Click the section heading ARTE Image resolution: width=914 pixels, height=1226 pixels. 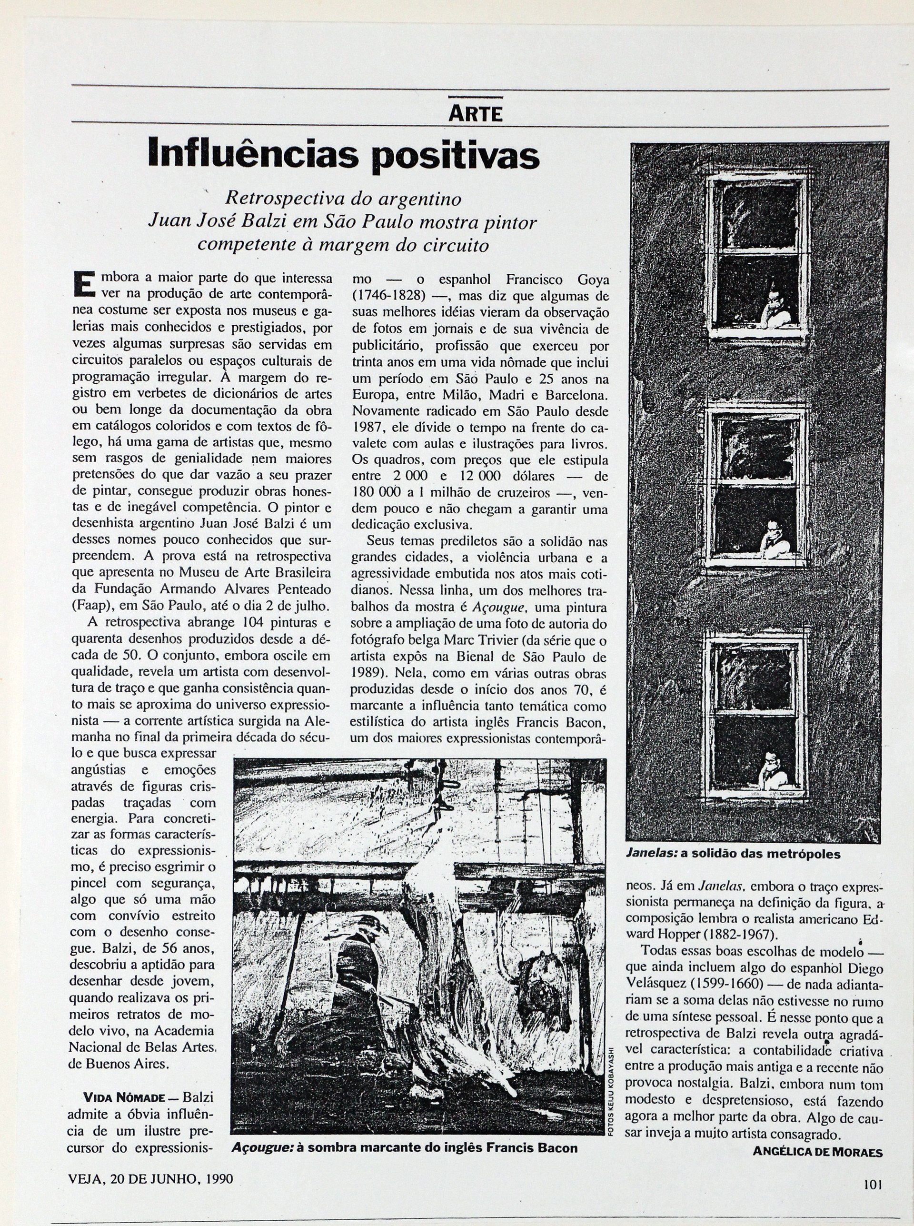click(x=475, y=114)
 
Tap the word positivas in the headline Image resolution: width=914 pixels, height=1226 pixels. click(x=455, y=157)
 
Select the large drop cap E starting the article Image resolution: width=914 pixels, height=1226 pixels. click(x=82, y=284)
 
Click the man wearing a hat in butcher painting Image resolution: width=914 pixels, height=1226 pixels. click(x=359, y=974)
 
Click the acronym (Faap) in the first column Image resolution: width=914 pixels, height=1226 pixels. click(x=92, y=605)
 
